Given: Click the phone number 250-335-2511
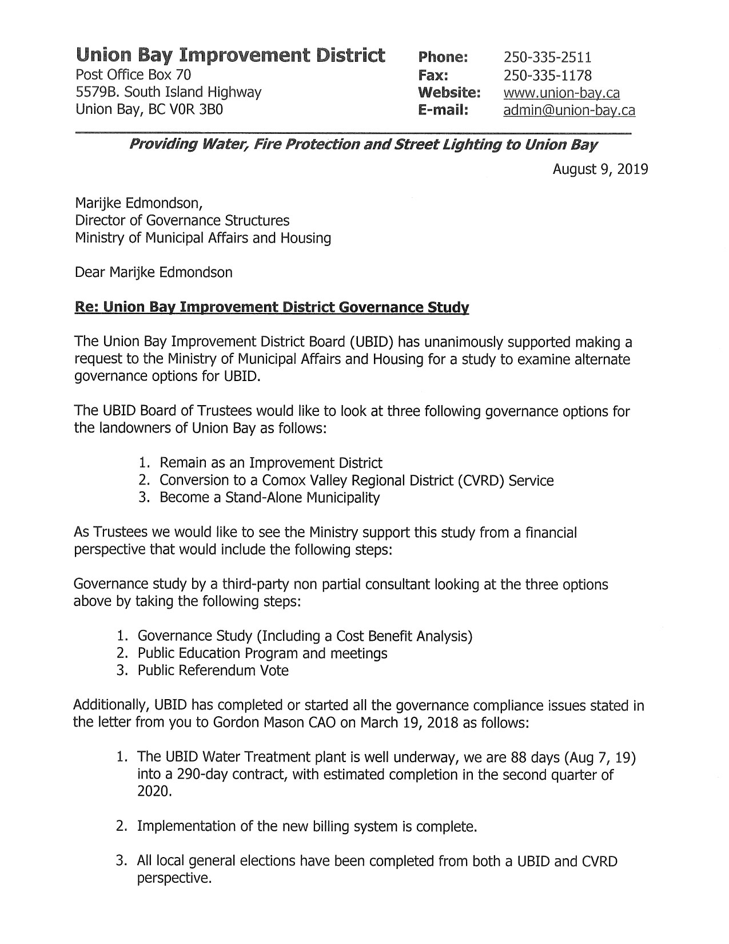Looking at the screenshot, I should coord(547,57).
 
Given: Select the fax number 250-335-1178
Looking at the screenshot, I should coord(547,75).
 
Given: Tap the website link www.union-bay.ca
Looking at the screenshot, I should coord(561,93).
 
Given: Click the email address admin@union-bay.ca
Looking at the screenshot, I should coord(569,110).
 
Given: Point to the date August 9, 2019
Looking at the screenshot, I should coord(600,169).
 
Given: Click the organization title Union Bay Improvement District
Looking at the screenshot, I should coord(230,55).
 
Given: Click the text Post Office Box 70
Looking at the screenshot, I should coord(133,74).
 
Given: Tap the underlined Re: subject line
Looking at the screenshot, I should coord(272,308).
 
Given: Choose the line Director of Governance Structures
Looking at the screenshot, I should coord(182,220).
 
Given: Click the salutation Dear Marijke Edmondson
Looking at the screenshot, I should coord(153,272).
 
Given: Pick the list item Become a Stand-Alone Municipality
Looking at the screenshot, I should coord(269,498).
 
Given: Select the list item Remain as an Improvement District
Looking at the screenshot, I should coord(271,463).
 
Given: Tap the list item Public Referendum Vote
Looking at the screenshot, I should coord(213,671).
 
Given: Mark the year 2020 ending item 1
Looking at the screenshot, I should coord(154,792).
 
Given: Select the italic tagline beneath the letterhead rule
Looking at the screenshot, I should coord(363,144).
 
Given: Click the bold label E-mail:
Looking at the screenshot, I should coord(443,110).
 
